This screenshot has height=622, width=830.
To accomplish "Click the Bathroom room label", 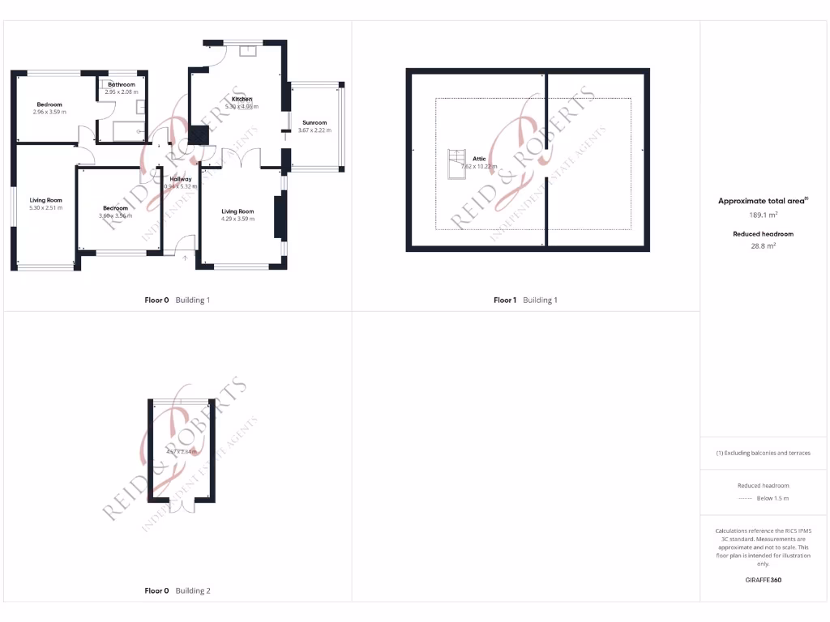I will [x=122, y=84].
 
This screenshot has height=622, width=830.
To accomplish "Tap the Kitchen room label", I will [x=242, y=99].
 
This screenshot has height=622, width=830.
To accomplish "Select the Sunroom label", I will [x=314, y=123].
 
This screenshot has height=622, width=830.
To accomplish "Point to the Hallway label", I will [x=181, y=179].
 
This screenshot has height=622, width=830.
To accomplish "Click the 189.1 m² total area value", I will [x=762, y=215].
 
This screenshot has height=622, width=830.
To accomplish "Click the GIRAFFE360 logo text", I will [x=762, y=580].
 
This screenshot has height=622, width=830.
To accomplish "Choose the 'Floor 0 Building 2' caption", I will [x=177, y=591].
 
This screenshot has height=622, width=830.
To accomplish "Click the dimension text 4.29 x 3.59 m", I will [x=238, y=219].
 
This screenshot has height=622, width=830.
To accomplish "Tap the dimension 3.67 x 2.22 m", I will [x=314, y=130].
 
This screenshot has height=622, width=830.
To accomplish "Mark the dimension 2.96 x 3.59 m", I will [x=49, y=112].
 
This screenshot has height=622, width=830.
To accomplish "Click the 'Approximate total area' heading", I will [x=762, y=201].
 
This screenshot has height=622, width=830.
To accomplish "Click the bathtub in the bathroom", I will [x=128, y=130].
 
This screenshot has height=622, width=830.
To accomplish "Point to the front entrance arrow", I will [x=185, y=258].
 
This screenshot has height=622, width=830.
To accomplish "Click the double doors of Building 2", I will [x=182, y=505].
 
